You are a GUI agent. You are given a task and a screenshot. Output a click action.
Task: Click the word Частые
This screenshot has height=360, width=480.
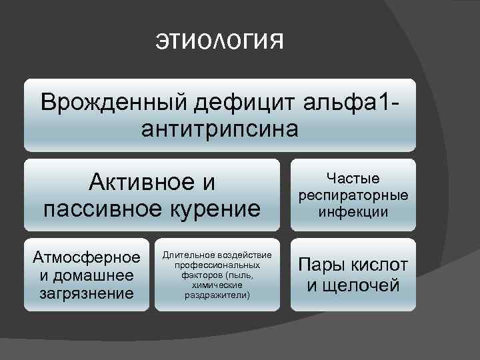[353, 178]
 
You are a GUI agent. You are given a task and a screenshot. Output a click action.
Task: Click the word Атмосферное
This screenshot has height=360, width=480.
[85, 258]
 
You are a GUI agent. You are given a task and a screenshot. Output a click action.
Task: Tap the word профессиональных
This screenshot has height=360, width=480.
[217, 265]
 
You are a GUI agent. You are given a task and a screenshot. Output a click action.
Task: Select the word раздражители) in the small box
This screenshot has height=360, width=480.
[217, 294]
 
